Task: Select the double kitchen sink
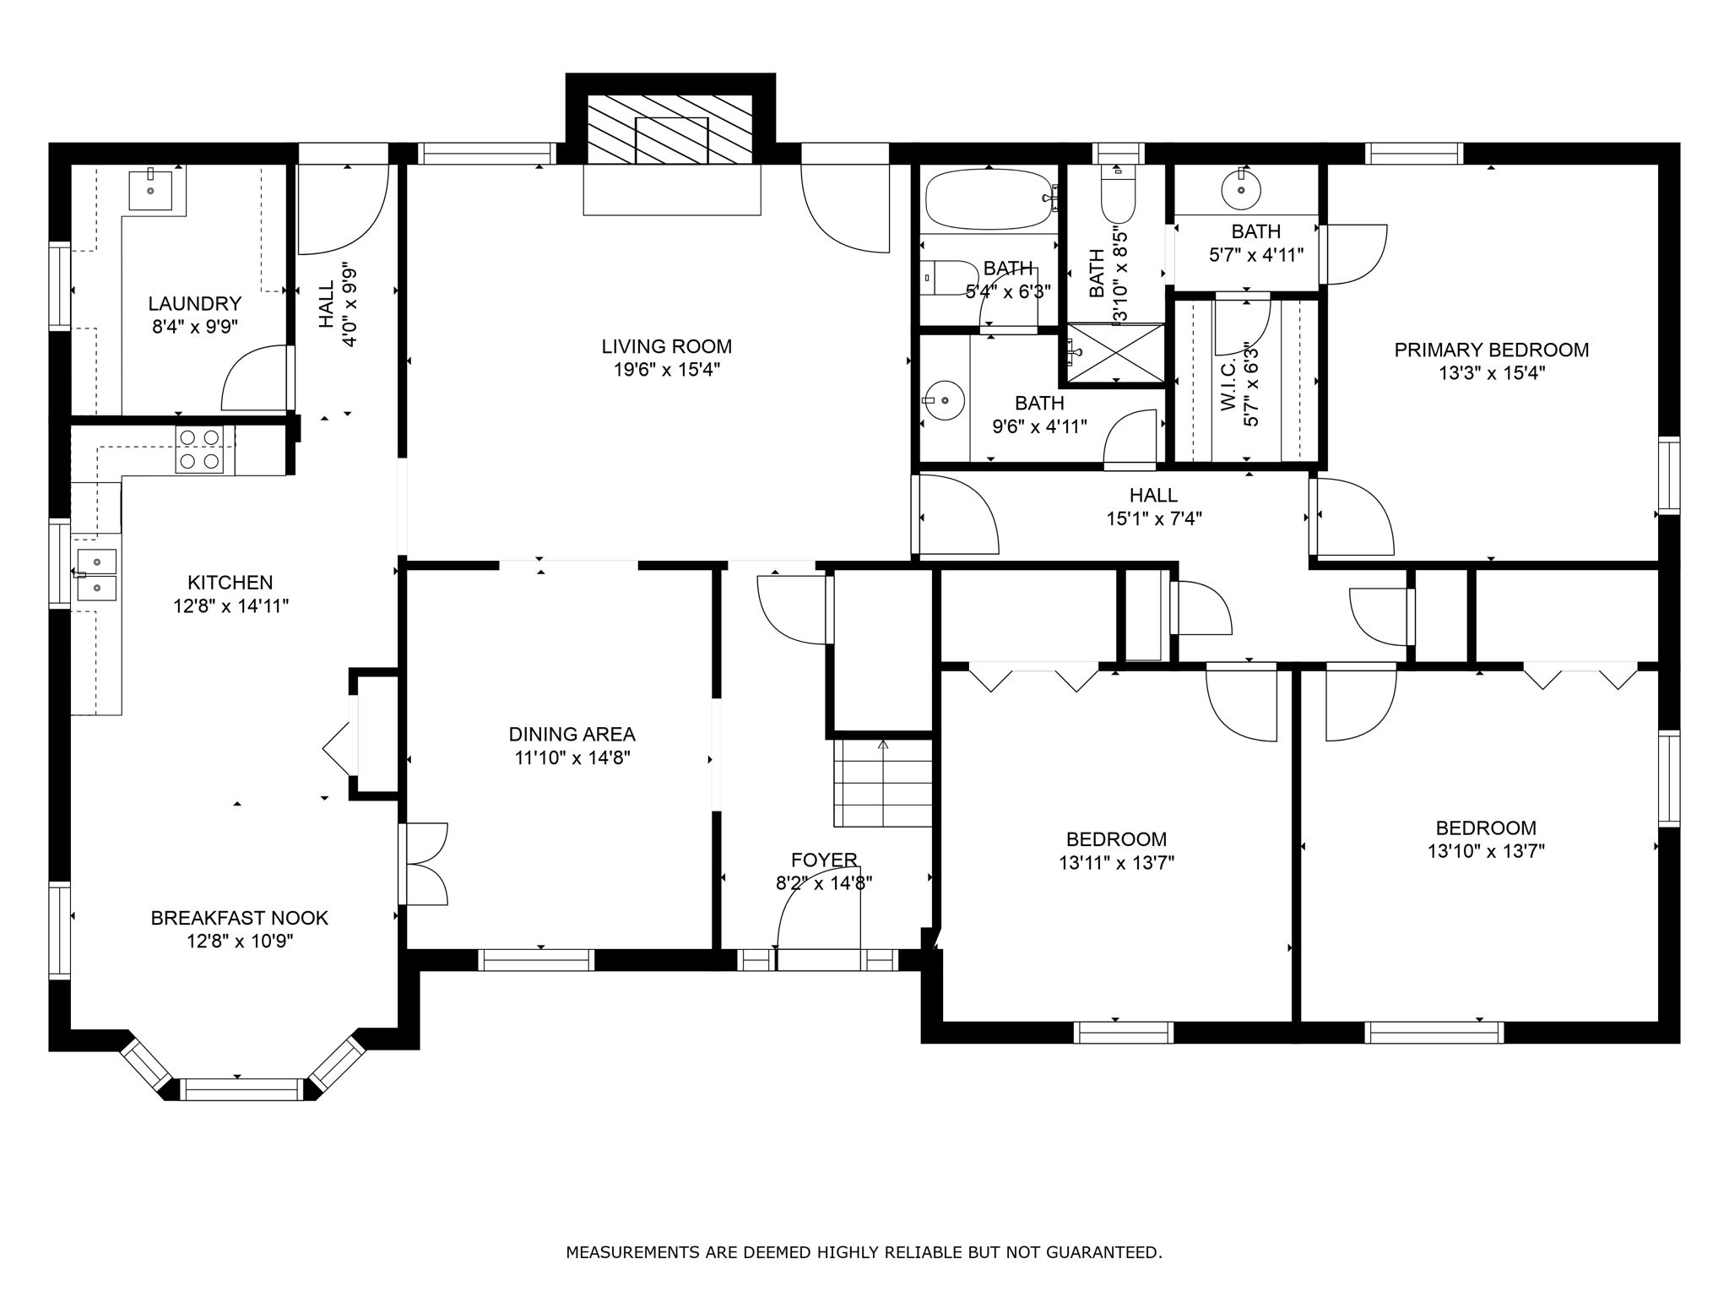pos(97,574)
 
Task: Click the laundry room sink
pos(151,188)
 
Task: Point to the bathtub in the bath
pos(989,199)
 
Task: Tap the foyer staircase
pos(883,783)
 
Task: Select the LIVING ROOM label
pos(667,346)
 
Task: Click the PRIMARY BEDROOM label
pos(1492,350)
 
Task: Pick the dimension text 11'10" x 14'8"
pos(572,758)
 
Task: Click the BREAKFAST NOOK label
pos(240,918)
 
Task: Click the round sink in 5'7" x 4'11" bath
pos(1242,190)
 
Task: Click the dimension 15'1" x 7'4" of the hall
pos(1154,518)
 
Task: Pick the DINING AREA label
pos(572,735)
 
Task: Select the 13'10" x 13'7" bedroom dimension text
pos(1486,851)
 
